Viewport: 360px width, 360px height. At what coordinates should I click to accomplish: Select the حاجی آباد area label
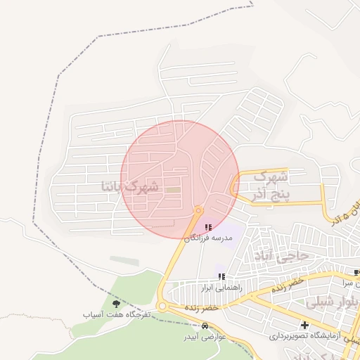pos(283,256)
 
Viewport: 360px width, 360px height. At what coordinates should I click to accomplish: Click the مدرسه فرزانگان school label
pos(208,238)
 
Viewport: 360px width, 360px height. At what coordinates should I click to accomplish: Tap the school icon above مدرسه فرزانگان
pos(207,227)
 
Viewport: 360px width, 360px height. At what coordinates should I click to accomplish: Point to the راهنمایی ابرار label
pos(221,288)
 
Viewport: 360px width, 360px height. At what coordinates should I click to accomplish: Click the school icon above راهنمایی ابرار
pos(222,276)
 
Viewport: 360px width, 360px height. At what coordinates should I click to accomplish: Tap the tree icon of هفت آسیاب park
pos(116,303)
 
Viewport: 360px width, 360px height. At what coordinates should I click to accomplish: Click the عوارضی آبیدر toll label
pos(204,337)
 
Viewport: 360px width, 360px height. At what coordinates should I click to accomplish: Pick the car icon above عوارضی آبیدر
pos(205,326)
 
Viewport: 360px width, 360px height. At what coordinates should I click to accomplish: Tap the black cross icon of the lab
pos(304,325)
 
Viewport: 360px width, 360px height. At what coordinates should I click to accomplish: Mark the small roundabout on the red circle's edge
pos(199,210)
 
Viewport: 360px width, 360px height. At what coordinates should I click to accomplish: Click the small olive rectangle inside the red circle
pos(173,189)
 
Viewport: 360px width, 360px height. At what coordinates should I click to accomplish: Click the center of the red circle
pos(179,179)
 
